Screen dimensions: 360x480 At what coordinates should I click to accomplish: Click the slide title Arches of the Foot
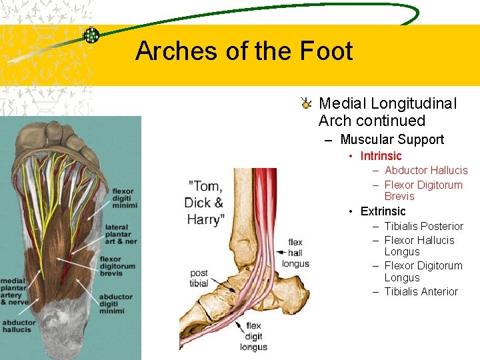243,51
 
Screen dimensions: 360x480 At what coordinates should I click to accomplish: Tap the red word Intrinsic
381,156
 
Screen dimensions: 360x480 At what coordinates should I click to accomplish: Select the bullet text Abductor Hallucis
426,171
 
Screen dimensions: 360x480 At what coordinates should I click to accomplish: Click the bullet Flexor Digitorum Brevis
423,191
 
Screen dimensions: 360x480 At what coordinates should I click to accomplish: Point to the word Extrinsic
383,211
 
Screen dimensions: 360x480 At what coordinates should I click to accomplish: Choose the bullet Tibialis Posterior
423,226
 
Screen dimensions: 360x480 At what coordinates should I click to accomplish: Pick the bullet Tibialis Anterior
421,291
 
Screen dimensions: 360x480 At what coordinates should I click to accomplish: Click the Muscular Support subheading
391,139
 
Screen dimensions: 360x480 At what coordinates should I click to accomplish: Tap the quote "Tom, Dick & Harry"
205,202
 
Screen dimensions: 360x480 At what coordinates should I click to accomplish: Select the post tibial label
199,278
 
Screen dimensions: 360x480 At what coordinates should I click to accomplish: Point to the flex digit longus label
253,337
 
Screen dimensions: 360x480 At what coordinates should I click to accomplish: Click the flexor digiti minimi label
118,199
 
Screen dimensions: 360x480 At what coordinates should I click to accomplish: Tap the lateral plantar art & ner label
118,234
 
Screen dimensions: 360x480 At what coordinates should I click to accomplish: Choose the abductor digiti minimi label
118,304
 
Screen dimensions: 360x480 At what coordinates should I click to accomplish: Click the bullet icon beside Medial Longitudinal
305,103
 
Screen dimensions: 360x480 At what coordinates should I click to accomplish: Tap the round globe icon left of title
91,36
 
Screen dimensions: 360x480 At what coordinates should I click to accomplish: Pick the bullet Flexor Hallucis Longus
419,246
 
